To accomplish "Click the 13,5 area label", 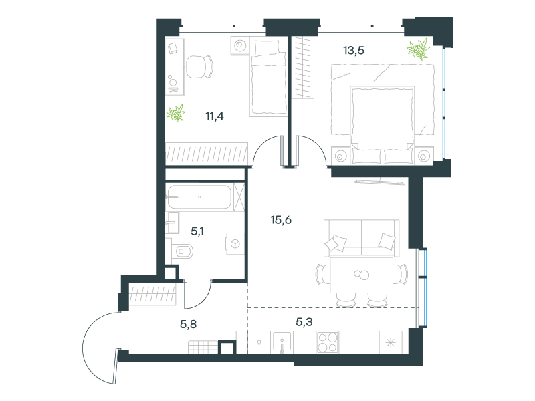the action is [354, 51].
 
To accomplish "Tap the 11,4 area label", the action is [215, 116].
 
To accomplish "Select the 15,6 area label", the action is [281, 220].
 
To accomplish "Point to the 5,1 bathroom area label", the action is [197, 231].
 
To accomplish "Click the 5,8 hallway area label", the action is [189, 324].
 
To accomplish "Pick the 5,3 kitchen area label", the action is [304, 321].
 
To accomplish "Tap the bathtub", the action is [199, 196].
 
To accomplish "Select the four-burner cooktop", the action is [327, 342].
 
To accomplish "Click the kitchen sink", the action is [282, 342].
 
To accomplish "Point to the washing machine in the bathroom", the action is [235, 243].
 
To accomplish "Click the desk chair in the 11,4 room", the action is [199, 66].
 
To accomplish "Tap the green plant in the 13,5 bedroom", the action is [418, 49].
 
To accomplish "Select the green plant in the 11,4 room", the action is [176, 113].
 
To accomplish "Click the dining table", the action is [361, 275].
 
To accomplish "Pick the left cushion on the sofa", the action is [336, 243].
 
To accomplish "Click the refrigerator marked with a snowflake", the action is [391, 342].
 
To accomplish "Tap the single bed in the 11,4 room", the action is [268, 77].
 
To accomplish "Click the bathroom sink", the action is [173, 223].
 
